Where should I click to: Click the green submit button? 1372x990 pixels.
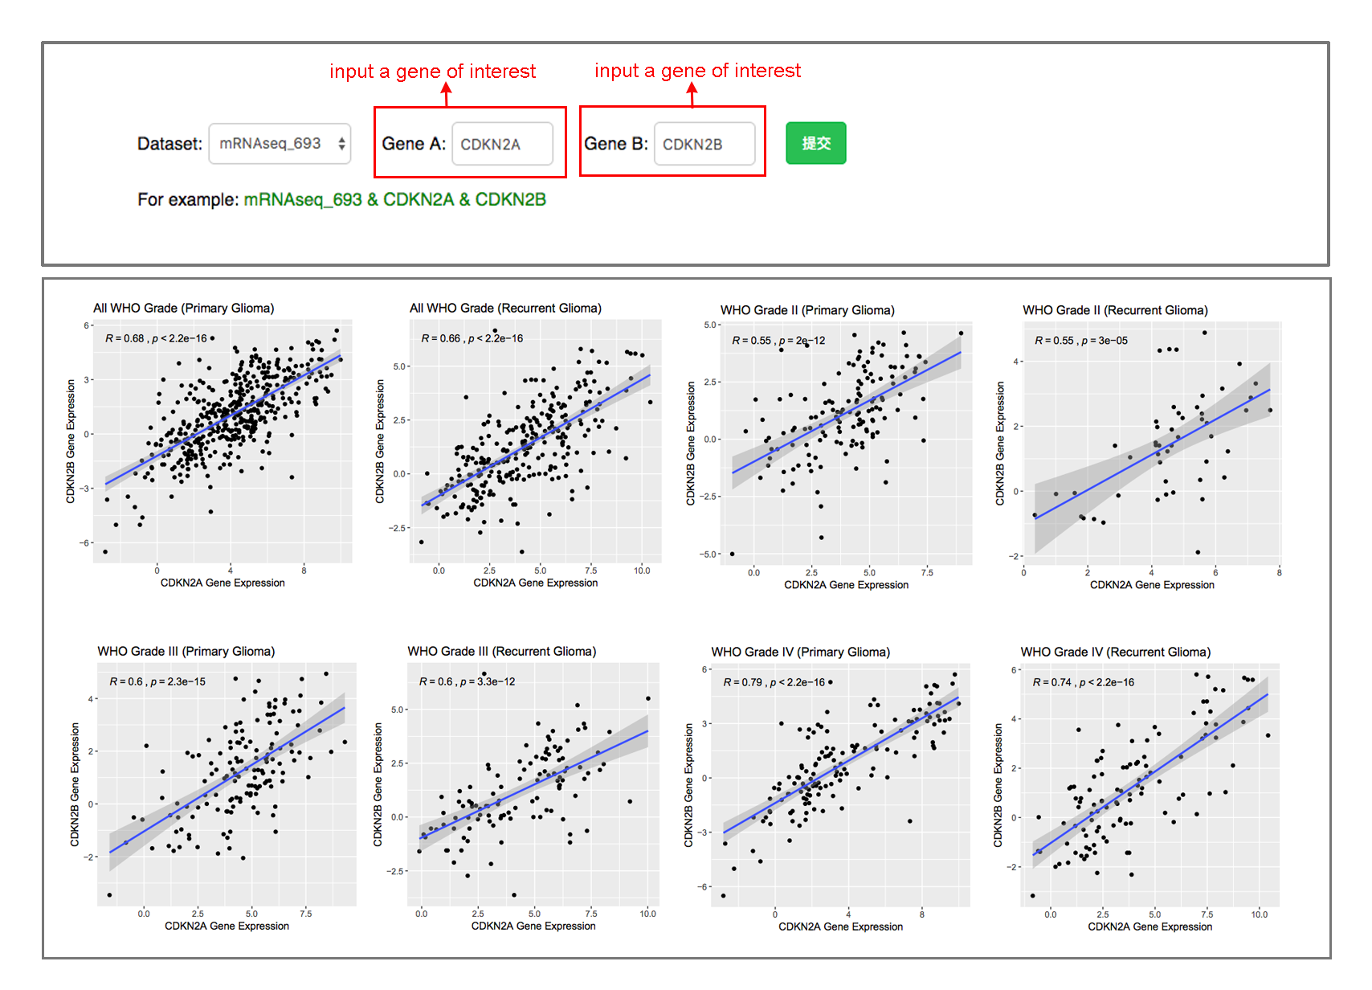coord(815,143)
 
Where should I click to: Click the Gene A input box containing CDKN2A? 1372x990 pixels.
coord(502,144)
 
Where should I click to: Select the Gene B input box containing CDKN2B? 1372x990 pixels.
coord(704,144)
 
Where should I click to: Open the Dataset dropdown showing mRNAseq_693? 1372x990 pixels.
coord(280,144)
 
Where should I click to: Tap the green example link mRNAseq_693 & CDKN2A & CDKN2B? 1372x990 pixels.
coord(394,199)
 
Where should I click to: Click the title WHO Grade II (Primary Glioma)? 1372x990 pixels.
coord(807,310)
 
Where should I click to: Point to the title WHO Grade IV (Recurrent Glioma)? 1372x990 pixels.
coord(1115,652)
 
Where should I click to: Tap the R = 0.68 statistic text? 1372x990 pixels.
coord(125,338)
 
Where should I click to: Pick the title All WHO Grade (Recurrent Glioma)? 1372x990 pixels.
coord(505,308)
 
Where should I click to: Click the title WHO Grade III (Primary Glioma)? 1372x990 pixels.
coord(186,651)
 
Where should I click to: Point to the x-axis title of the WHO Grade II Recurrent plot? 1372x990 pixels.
coord(1152,585)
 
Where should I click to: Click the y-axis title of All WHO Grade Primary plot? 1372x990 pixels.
coord(71,441)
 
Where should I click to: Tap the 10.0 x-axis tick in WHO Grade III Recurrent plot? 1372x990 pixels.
coord(647,914)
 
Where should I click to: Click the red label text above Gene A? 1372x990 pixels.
coord(432,72)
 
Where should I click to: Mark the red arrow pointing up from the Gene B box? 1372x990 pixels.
coord(692,95)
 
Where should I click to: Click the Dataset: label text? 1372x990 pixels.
coord(169,144)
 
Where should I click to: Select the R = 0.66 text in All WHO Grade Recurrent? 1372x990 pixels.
coord(441,338)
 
